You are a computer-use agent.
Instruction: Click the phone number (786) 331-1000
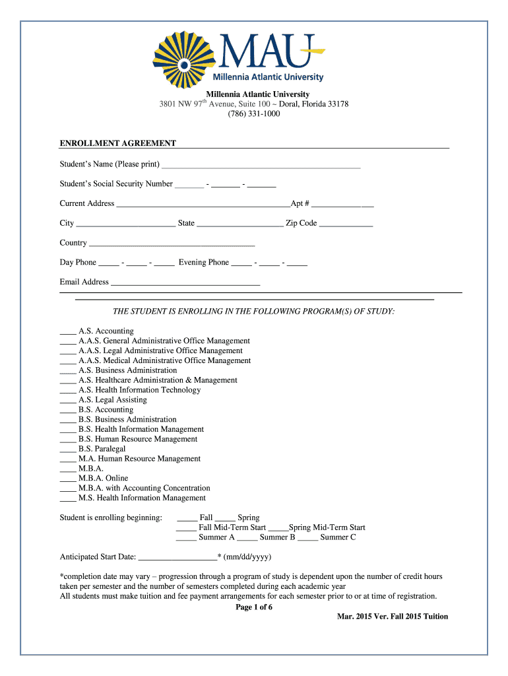click(x=254, y=114)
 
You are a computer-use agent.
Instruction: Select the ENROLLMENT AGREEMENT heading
click(x=118, y=143)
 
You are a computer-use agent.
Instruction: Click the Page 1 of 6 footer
click(x=254, y=607)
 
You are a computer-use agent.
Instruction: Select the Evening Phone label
click(x=203, y=262)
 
